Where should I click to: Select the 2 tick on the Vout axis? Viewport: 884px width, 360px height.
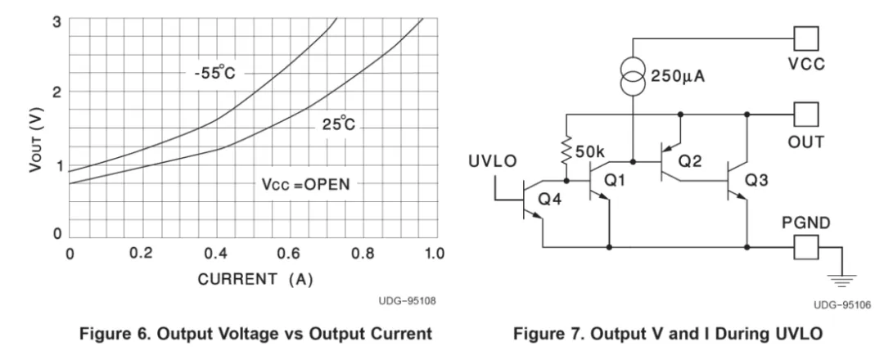55,92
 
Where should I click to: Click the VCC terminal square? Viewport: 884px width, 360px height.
806,38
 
